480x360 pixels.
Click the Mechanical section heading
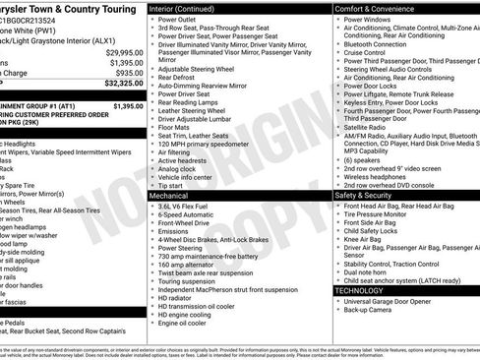169,196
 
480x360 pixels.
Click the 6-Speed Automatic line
188,216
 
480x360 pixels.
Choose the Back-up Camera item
369,312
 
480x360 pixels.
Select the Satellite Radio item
366,126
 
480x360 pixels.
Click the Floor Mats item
172,126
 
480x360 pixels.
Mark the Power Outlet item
177,19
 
